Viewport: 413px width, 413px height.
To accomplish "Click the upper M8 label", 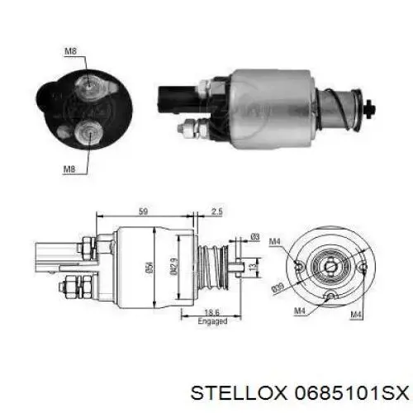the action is (x=70, y=51).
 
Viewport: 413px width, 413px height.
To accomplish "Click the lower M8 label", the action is (x=69, y=169).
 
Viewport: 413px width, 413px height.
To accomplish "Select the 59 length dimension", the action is (x=143, y=211).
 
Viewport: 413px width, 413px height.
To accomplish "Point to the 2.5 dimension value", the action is (x=216, y=211).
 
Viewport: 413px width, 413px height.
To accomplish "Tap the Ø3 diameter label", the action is (x=255, y=236).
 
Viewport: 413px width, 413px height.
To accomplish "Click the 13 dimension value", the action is (x=254, y=265).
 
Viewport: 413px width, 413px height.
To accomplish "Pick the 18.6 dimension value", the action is (x=212, y=313).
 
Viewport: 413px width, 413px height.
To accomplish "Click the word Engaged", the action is (x=212, y=321).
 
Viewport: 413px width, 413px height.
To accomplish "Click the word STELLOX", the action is (x=239, y=393).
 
